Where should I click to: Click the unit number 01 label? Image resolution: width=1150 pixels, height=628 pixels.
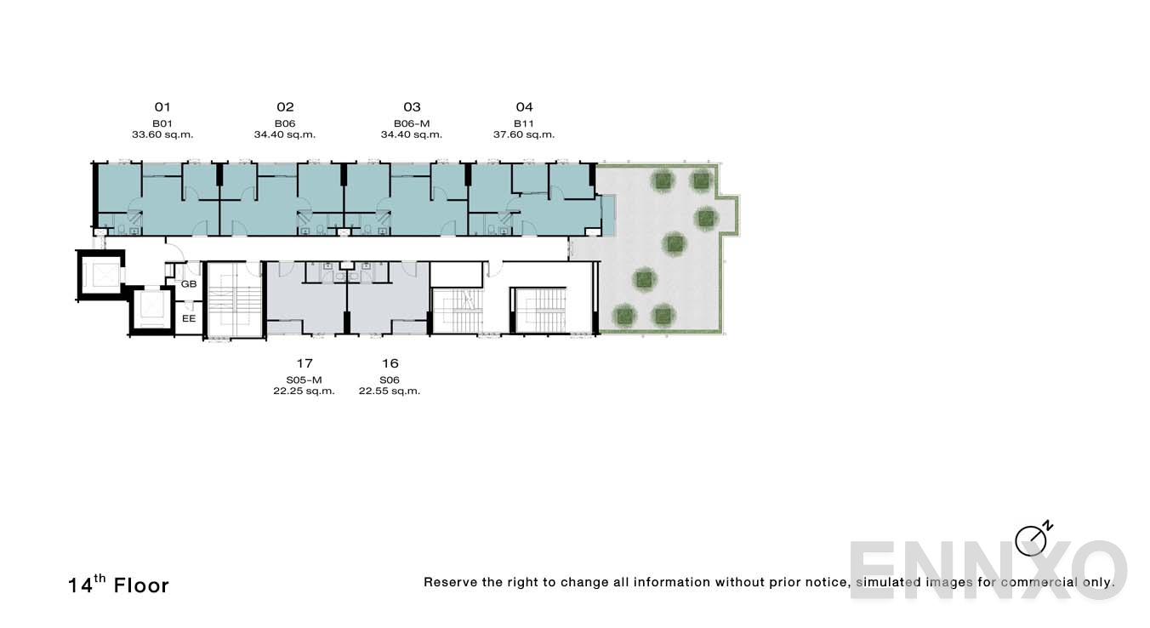[x=162, y=107]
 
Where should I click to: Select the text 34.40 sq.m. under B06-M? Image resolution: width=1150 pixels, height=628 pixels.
[x=412, y=134]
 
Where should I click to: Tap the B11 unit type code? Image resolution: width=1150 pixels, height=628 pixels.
[x=524, y=123]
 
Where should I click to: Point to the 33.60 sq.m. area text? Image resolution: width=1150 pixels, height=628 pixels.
[x=162, y=134]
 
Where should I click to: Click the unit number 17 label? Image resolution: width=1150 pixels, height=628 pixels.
[x=305, y=363]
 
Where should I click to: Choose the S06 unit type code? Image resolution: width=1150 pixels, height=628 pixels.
[x=390, y=380]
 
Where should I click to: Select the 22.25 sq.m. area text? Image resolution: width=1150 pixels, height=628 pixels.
[x=305, y=391]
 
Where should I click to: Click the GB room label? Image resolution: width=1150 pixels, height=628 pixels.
[x=189, y=284]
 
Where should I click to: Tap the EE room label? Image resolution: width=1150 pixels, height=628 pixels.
[x=189, y=318]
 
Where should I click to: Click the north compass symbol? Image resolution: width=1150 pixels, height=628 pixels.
[x=1032, y=540]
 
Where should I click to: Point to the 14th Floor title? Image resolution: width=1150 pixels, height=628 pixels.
[x=119, y=585]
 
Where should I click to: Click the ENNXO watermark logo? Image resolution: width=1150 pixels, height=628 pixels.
[x=987, y=570]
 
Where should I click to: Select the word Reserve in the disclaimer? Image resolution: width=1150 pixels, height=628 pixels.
[x=450, y=583]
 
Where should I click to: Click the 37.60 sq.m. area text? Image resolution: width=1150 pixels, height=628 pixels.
[x=524, y=134]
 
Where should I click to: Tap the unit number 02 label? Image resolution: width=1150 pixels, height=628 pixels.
[x=285, y=107]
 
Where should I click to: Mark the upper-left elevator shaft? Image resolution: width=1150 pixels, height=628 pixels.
[x=101, y=274]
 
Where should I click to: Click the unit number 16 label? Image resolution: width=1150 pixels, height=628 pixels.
[x=390, y=363]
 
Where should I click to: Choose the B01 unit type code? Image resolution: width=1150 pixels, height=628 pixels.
[x=162, y=123]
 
